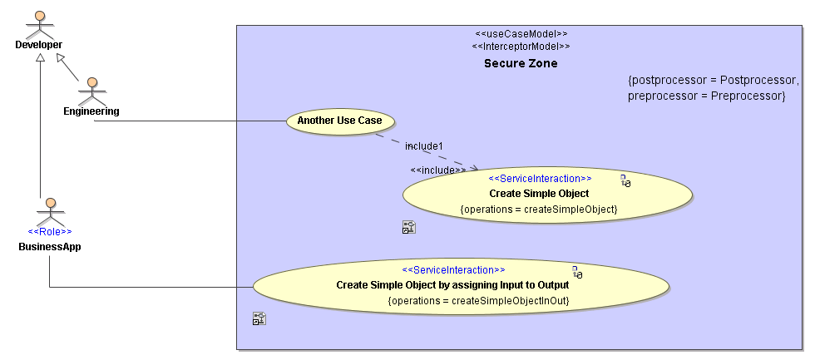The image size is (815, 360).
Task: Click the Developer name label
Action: pyautogui.click(x=38, y=44)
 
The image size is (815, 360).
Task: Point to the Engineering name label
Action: pyautogui.click(x=91, y=111)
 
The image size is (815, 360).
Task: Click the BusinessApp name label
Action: pyautogui.click(x=50, y=247)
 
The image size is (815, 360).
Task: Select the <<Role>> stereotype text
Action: pyautogui.click(x=50, y=232)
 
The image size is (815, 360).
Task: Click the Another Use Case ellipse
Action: pyautogui.click(x=339, y=121)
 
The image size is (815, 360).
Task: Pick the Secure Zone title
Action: pyautogui.click(x=521, y=63)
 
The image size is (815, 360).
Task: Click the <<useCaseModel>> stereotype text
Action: pyautogui.click(x=521, y=34)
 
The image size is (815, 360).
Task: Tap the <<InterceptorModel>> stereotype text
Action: pyautogui.click(x=521, y=47)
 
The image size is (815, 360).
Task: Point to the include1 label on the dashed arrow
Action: pyautogui.click(x=424, y=146)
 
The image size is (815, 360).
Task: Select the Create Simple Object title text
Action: pyautogui.click(x=539, y=194)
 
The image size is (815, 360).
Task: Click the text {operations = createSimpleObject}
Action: pyautogui.click(x=539, y=209)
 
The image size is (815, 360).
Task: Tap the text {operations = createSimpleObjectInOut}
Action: pyautogui.click(x=478, y=300)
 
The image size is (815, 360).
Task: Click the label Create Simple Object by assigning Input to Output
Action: pyautogui.click(x=447, y=285)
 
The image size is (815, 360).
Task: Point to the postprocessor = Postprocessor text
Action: pyautogui.click(x=714, y=81)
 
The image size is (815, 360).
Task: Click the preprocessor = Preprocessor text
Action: pyautogui.click(x=707, y=96)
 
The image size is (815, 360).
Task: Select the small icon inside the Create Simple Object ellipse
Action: pyautogui.click(x=625, y=181)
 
